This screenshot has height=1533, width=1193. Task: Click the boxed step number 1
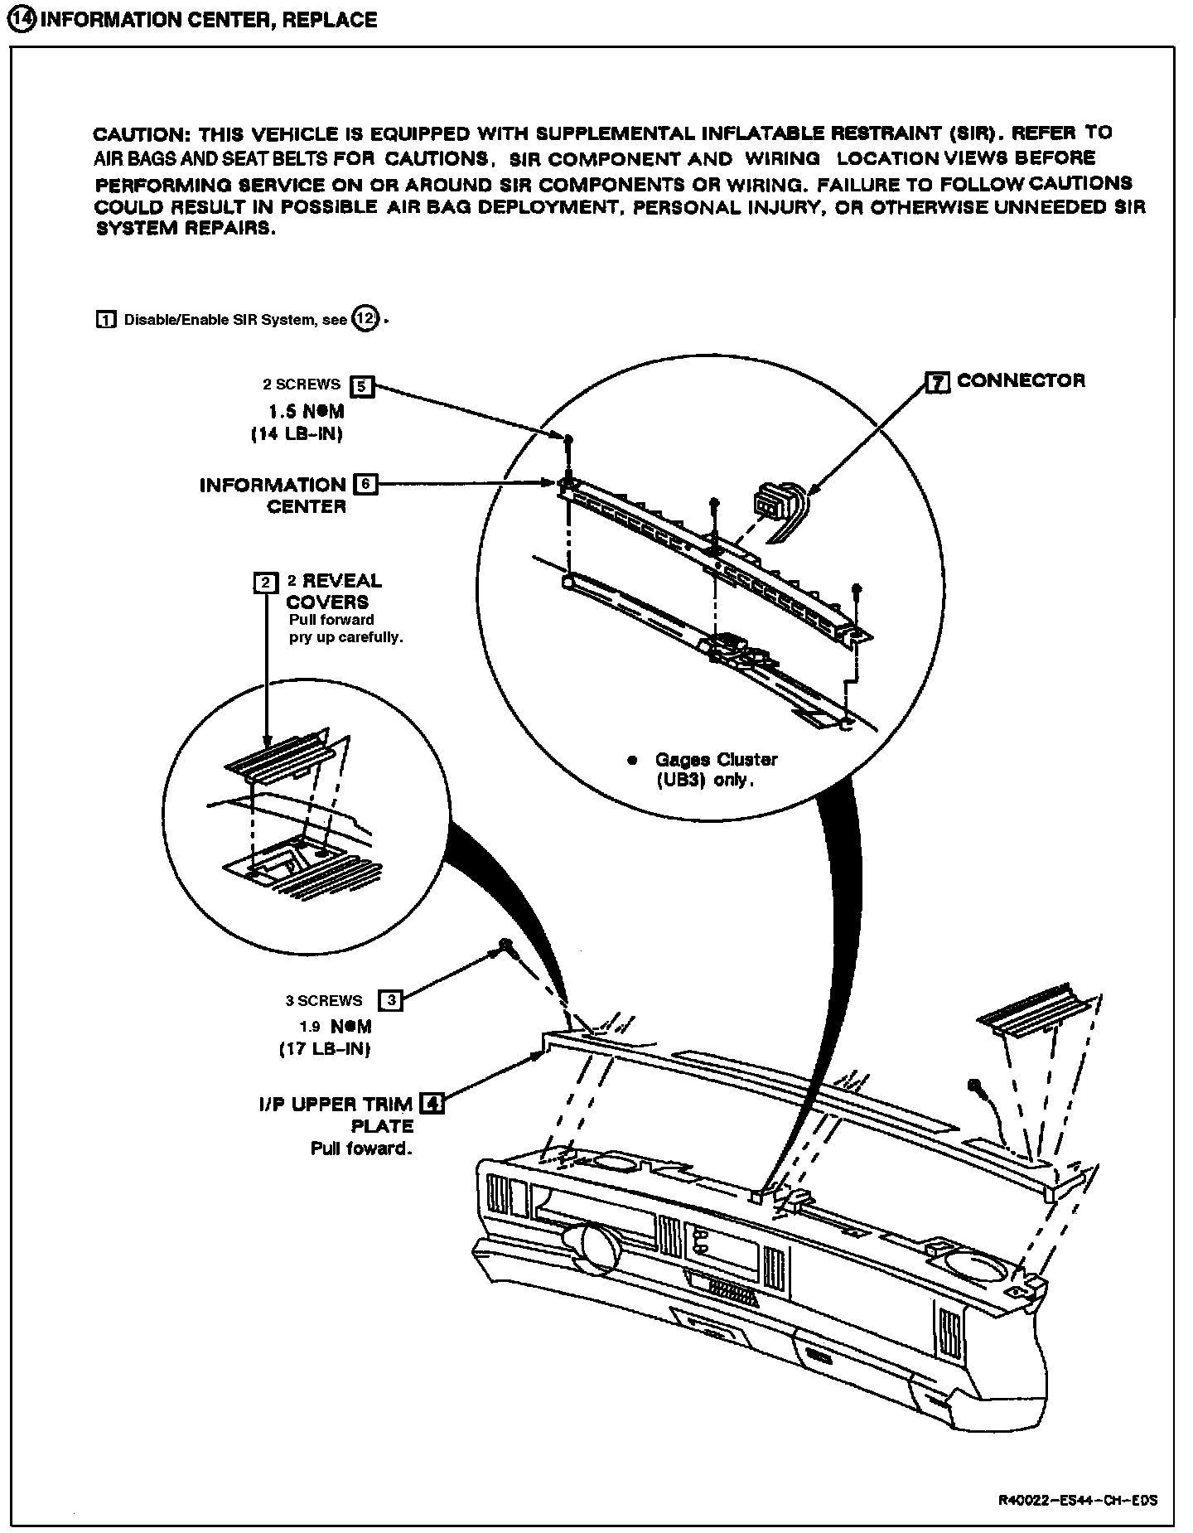coord(106,320)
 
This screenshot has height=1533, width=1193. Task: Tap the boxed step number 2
coord(265,583)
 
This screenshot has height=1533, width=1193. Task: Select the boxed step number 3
coord(391,1000)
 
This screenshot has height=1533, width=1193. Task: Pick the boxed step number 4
coord(432,1104)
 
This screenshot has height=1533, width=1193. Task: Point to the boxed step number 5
coord(362,385)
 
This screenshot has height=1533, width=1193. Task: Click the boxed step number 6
coord(365,484)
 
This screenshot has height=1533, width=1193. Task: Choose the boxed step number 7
coord(937,382)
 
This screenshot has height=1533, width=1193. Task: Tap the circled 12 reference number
coord(365,318)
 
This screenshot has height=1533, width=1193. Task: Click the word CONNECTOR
coord(1021,381)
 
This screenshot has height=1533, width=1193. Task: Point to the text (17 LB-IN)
coord(324,1048)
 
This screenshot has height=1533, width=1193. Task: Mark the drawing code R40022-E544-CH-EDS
coord(1077,1501)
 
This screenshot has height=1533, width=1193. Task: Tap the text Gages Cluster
coord(716,760)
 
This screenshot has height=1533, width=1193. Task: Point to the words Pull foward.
coord(361,1149)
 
